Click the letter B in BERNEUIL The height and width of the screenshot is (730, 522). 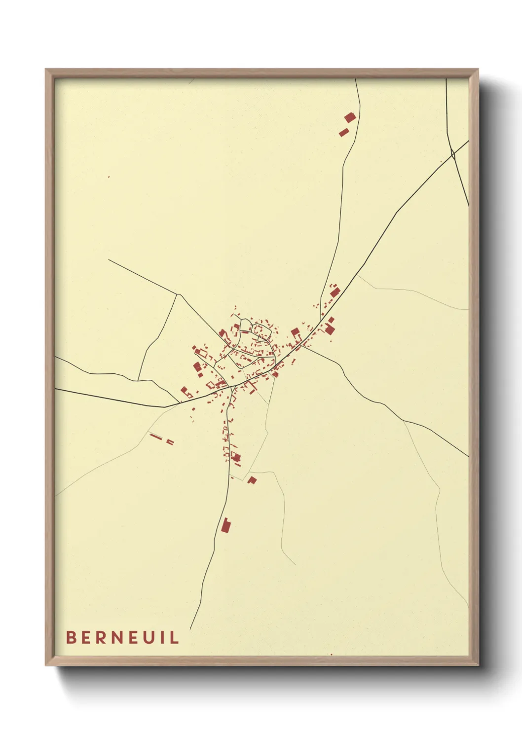click(x=71, y=637)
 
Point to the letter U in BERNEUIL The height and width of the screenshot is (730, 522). click(x=149, y=637)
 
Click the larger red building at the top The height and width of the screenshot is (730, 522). click(x=350, y=117)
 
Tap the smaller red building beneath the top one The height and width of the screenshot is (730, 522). click(x=343, y=132)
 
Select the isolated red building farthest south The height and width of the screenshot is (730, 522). click(x=226, y=526)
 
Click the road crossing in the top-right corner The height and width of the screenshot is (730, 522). click(x=452, y=154)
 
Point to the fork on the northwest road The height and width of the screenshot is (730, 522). click(x=178, y=294)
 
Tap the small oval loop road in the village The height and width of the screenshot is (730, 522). click(x=259, y=328)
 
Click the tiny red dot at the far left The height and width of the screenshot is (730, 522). click(x=109, y=177)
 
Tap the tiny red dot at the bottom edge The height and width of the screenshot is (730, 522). click(x=331, y=655)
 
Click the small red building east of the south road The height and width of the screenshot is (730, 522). click(x=252, y=479)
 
